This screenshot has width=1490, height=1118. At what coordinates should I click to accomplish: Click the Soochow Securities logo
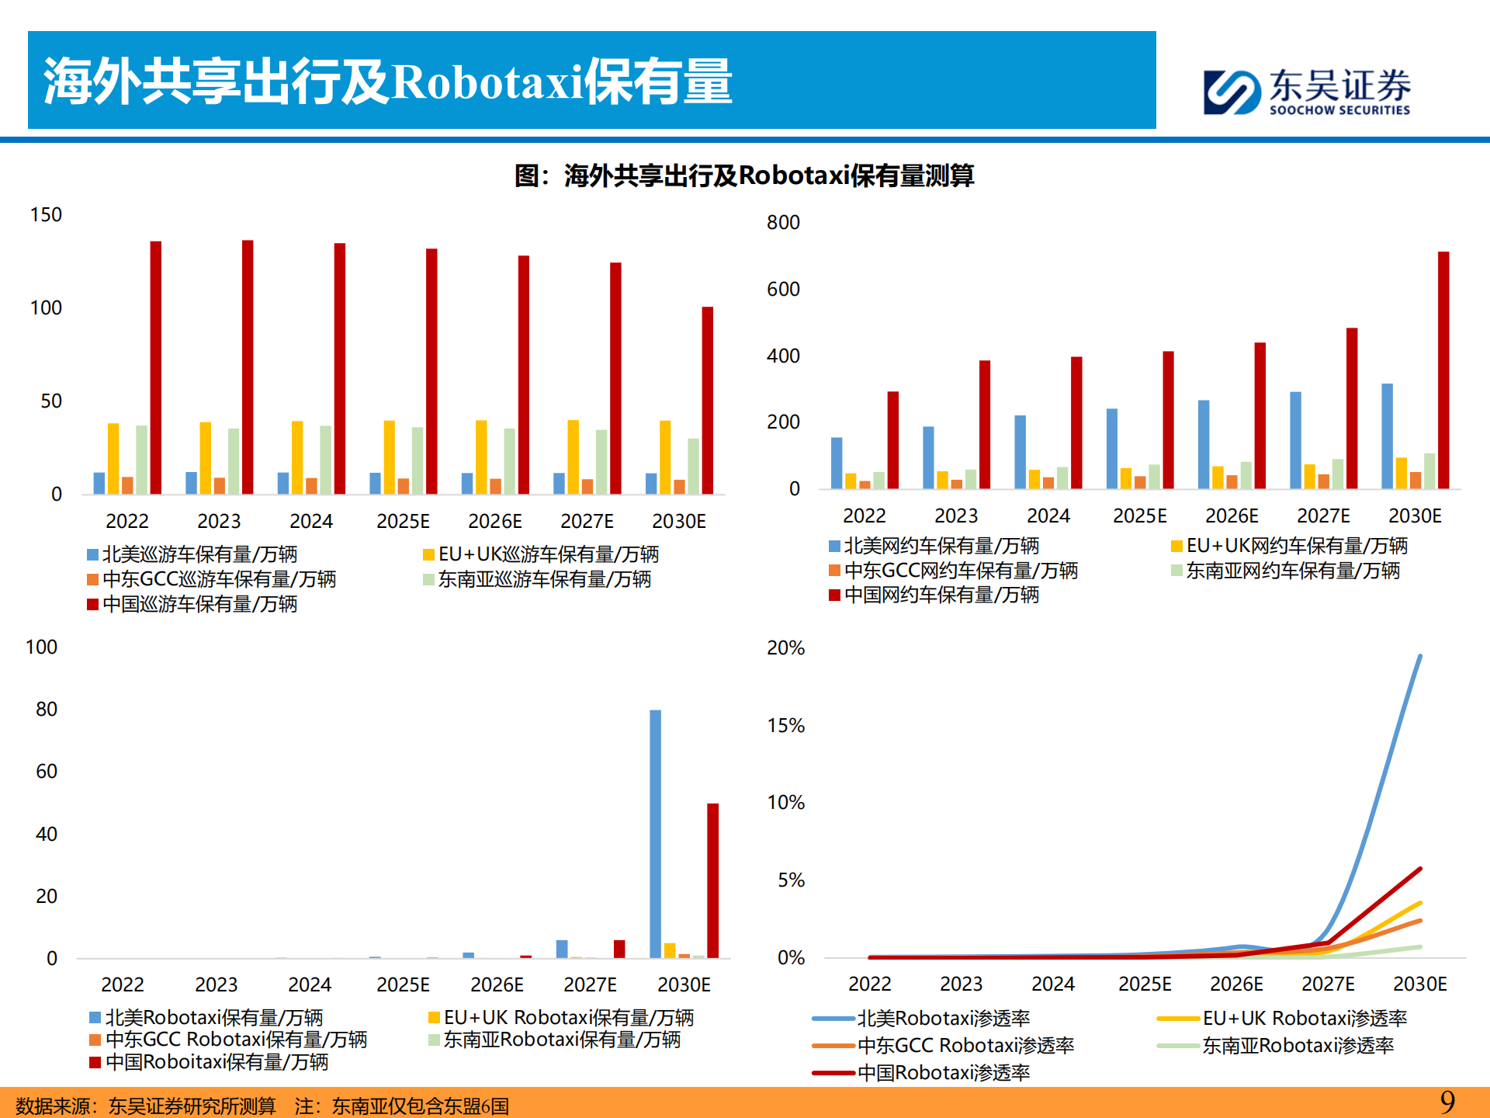coord(1307,92)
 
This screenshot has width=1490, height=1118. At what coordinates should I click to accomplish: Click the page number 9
coord(1447,1102)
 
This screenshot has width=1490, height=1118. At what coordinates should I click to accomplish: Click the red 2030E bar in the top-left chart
coord(707,400)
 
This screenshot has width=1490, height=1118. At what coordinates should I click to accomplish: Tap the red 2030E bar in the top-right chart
coord(1443,370)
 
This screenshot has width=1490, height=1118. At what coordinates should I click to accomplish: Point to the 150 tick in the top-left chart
coord(46,215)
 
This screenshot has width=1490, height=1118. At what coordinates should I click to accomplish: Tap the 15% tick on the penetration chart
coord(785,726)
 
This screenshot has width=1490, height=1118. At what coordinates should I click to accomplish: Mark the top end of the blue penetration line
coord(1420,657)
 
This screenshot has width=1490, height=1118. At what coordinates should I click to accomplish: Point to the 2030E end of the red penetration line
coord(1420,869)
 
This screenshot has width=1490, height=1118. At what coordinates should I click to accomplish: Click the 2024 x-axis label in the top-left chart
coord(310,521)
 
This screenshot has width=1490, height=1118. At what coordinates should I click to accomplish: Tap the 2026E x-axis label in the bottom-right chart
coord(1235,984)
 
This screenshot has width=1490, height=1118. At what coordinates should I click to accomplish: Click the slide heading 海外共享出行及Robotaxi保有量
coord(388,81)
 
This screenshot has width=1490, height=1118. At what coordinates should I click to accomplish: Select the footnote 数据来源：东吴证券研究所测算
coord(145,1105)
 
